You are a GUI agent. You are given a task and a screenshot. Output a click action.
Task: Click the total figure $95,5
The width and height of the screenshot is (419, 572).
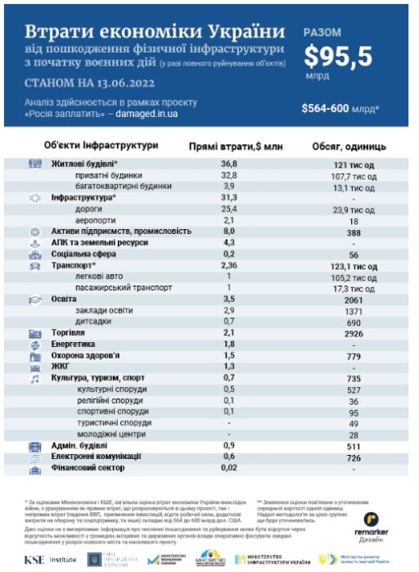(337, 55)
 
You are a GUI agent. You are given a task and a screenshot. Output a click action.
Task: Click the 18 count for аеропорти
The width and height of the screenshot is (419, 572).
(354, 220)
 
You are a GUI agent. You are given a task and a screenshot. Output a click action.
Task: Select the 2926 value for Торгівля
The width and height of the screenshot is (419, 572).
(354, 333)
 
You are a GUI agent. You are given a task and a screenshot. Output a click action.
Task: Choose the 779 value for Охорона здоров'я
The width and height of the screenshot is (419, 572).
(354, 356)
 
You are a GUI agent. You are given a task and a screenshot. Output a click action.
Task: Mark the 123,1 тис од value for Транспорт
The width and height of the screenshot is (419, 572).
(354, 266)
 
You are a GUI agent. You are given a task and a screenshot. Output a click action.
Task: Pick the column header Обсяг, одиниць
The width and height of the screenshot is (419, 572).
(349, 146)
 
